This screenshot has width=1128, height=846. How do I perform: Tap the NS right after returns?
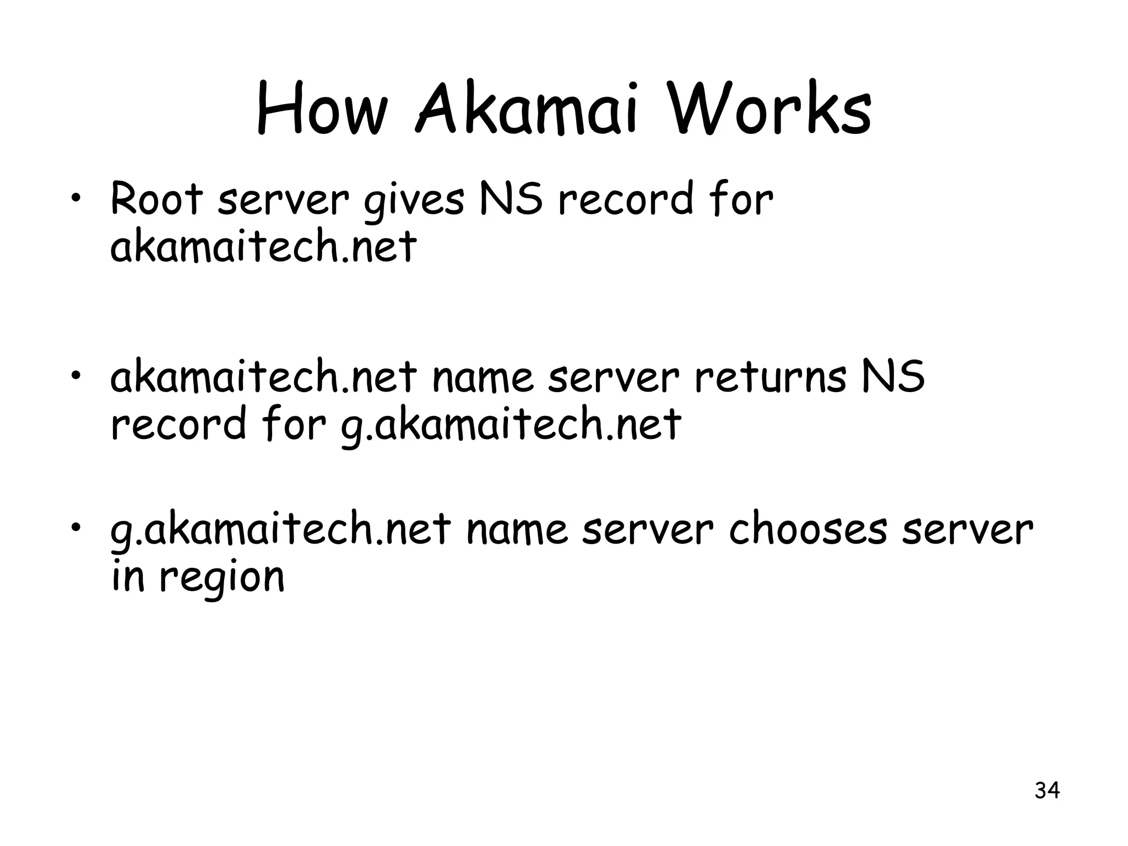pos(893,377)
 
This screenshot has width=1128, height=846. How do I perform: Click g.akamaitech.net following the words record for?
pos(511,425)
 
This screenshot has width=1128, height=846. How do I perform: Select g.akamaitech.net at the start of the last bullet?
pos(280,530)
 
